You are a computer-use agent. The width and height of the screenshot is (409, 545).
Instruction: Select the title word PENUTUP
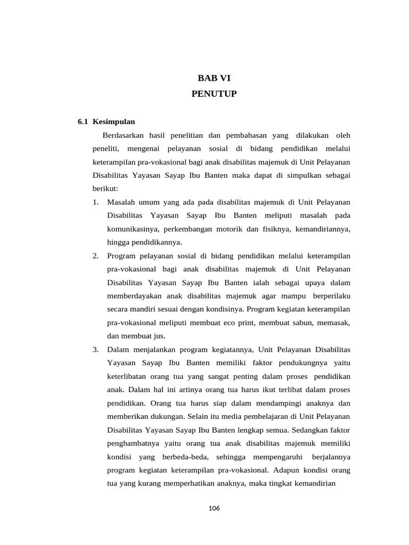[x=214, y=94]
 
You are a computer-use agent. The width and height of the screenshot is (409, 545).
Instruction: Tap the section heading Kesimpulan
[x=114, y=121]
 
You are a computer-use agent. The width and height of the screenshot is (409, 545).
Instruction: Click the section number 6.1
[x=83, y=121]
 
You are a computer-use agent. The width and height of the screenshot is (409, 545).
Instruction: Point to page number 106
[x=214, y=508]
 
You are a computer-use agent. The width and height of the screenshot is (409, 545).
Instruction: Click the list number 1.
[x=95, y=202]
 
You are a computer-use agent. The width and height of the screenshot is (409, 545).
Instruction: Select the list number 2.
[x=95, y=256]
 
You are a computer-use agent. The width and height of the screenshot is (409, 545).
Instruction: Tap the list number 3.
[x=95, y=350]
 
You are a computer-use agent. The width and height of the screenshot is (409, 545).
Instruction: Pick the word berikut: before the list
[x=105, y=188]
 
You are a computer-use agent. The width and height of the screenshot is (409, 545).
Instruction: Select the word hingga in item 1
[x=118, y=242]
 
